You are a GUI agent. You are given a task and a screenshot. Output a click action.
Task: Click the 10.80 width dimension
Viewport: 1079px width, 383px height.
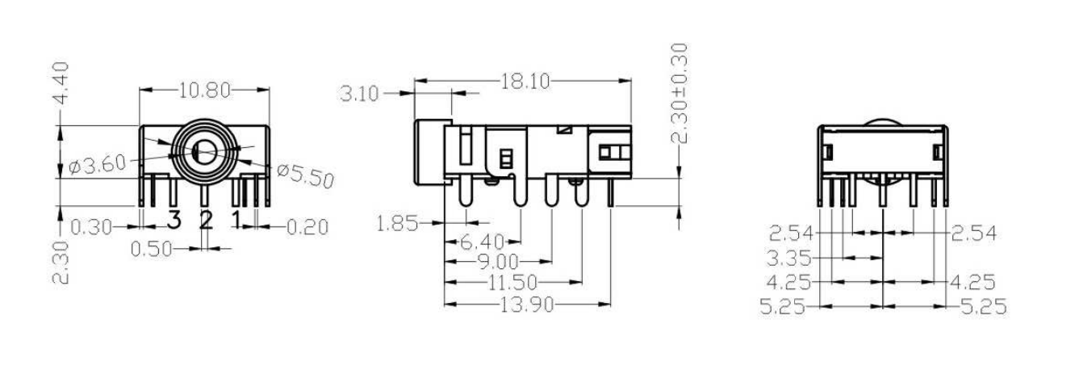[204, 90]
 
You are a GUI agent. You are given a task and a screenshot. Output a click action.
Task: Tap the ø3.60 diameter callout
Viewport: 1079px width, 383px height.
[98, 165]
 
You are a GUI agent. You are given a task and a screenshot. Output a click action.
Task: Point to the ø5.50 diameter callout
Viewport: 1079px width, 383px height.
[304, 174]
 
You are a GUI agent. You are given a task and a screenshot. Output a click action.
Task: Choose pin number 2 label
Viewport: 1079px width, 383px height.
[206, 218]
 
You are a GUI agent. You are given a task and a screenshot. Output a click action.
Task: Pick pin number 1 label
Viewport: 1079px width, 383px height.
[236, 218]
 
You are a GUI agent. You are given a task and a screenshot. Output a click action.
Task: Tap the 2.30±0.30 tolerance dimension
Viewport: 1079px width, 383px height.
[683, 94]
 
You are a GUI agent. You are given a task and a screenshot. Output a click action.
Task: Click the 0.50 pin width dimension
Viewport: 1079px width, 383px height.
[152, 249]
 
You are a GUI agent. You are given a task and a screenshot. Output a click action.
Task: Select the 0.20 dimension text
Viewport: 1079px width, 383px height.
[307, 228]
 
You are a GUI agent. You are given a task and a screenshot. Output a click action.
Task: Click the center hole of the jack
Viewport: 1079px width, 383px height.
[203, 151]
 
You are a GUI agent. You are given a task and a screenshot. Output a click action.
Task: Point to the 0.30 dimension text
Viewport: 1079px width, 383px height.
[90, 228]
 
